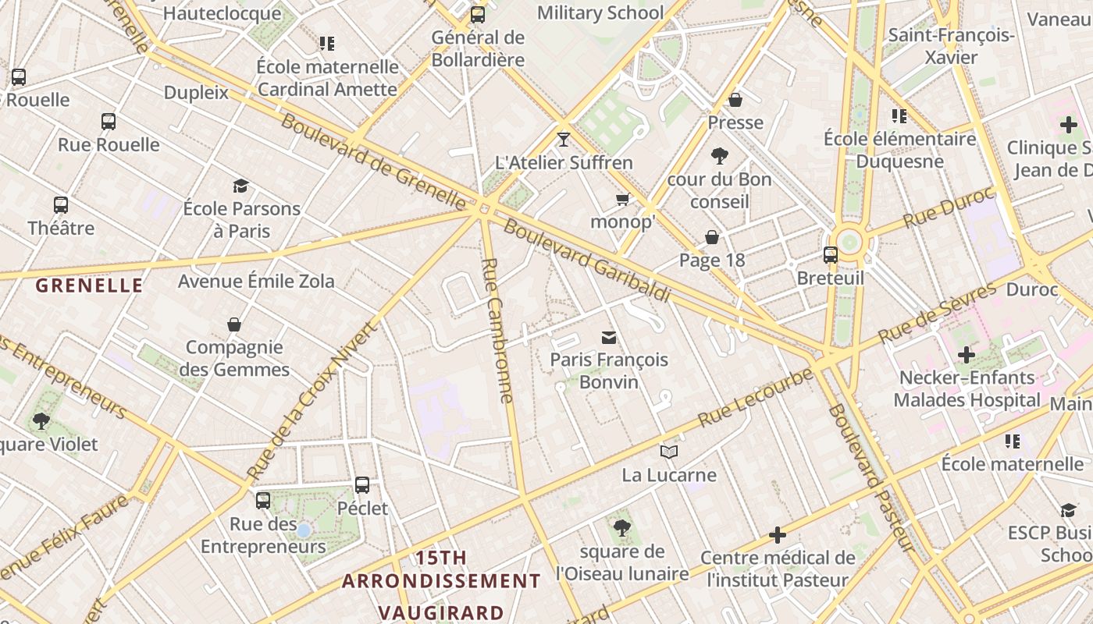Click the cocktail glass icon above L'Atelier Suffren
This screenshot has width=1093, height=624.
point(564,140)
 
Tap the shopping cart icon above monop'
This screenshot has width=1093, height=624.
point(622,200)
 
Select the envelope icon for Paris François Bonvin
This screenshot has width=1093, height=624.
point(608,337)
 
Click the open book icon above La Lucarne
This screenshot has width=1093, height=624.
point(668,452)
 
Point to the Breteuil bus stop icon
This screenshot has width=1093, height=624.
point(830,255)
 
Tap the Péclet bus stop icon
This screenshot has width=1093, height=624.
point(362,485)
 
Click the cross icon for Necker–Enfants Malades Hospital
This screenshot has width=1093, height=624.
point(967,355)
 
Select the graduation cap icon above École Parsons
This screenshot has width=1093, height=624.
point(241,186)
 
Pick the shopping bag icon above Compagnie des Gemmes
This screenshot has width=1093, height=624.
point(234,324)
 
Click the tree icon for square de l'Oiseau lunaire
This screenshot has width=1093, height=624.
point(621,528)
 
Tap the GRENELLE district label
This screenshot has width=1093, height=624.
point(90,285)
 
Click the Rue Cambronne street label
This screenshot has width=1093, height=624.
point(498,331)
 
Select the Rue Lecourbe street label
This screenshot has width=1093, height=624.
point(754,397)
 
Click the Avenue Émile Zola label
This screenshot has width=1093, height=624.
point(256,281)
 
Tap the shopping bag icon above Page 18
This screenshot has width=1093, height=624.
point(712,237)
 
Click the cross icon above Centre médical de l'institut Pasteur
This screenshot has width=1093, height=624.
point(778,535)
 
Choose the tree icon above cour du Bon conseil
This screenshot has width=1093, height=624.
point(719,156)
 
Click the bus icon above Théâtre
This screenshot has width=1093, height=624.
point(61,205)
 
